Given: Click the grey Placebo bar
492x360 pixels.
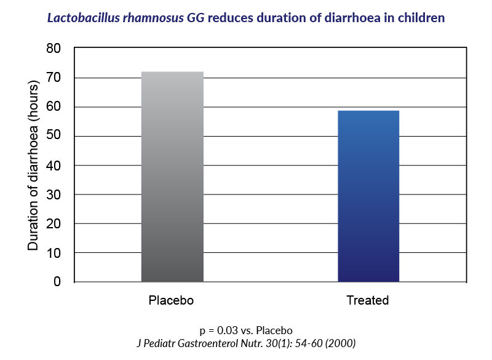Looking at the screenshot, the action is pos(172,177).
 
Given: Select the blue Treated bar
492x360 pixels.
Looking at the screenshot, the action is pos(368,196).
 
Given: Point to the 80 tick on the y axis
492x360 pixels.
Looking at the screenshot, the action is pos(54,49).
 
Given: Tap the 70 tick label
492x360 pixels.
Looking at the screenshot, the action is pos(54,78).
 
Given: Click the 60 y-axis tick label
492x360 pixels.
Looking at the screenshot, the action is pos(54,106).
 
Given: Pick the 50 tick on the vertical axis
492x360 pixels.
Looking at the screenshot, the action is pos(54,135).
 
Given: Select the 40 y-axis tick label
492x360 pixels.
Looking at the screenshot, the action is pos(54,166).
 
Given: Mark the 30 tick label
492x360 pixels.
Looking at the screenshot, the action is pos(54,195).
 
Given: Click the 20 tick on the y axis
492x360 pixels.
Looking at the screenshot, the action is pos(54,224).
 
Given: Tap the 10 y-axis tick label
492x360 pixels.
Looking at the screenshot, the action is pos(54,254).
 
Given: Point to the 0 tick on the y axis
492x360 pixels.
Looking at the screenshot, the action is pos(57,282).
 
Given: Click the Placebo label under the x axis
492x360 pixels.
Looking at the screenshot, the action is pos(171,300).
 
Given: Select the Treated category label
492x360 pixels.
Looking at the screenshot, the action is pos(367,300).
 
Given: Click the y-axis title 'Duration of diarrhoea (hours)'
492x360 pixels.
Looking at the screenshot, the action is pos(33,166).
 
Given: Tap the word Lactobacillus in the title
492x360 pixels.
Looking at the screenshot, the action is pos(84,18).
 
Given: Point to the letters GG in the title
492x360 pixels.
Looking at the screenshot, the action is pos(196,18).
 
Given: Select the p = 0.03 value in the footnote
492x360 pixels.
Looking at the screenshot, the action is pos(215,330).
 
